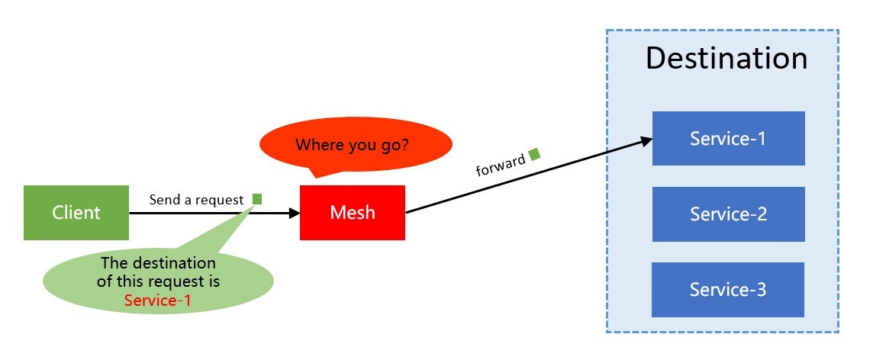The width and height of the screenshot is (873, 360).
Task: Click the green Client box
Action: click(76, 213)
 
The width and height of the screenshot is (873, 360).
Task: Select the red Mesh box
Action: click(353, 213)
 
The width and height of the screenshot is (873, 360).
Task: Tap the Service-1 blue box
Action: click(728, 138)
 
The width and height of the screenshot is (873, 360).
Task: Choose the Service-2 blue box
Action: click(728, 214)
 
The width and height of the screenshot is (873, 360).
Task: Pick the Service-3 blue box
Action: click(728, 290)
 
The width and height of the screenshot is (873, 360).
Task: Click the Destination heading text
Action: click(726, 59)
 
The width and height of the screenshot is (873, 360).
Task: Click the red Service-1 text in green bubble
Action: click(158, 301)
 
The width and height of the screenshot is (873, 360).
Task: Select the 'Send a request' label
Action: click(196, 200)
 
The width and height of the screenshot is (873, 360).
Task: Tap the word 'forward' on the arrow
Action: click(501, 164)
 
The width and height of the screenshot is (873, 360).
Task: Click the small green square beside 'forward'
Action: click(534, 154)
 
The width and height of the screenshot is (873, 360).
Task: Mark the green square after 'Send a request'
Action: click(257, 199)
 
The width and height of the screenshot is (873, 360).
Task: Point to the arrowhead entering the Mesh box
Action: click(295, 213)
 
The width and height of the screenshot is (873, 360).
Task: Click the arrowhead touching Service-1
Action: click(646, 141)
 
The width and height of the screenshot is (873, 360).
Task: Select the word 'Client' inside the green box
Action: click(76, 213)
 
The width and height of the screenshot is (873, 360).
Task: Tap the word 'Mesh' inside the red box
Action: click(353, 213)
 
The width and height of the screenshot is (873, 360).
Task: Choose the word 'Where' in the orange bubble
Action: click(317, 145)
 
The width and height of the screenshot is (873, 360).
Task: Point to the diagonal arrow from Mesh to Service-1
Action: click(527, 177)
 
